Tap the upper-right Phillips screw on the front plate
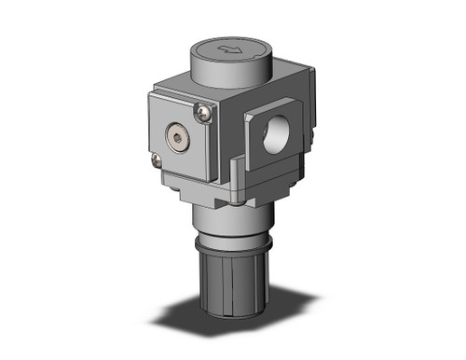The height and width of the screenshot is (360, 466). click(x=205, y=114)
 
